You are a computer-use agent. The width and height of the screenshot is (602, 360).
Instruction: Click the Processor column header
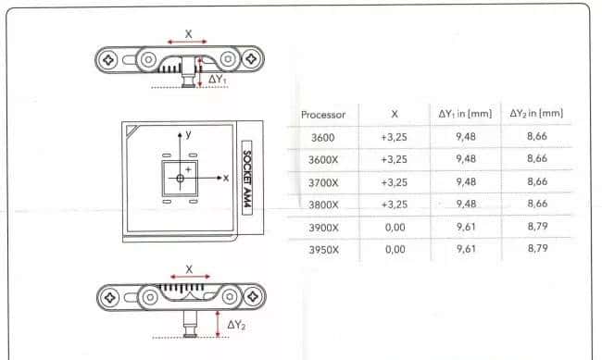[323, 115]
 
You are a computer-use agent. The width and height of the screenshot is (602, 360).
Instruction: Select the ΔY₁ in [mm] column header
[465, 114]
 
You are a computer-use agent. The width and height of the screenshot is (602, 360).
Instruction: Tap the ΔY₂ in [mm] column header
[536, 113]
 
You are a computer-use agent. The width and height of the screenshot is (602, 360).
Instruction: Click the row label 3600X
[323, 160]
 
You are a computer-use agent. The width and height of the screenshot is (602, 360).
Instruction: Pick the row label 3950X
[323, 250]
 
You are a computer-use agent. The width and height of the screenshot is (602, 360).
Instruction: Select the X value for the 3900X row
[395, 228]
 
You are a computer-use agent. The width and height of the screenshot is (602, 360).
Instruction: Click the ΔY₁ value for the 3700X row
[466, 181]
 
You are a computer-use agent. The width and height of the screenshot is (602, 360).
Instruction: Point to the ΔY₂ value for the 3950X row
[537, 248]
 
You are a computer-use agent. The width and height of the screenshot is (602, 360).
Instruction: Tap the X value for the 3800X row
[394, 205]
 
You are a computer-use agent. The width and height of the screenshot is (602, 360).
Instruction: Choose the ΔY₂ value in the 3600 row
[537, 136]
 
